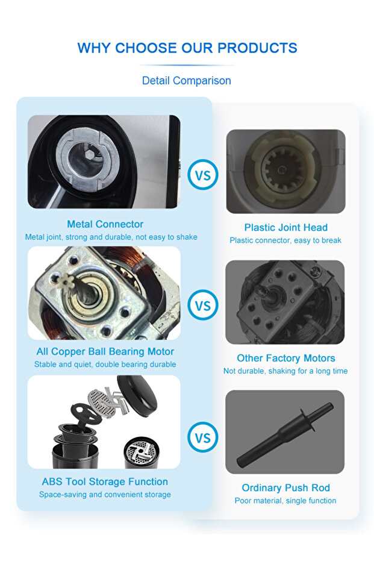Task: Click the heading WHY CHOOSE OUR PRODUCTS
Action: click(x=187, y=48)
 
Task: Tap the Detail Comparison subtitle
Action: click(x=186, y=81)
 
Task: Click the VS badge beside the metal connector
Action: click(x=203, y=175)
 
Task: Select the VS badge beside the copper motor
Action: click(x=203, y=305)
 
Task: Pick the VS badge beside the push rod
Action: click(x=203, y=437)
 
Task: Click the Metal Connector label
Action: click(x=105, y=224)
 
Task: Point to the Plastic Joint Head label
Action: click(x=285, y=227)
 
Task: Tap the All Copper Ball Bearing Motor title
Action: click(x=105, y=351)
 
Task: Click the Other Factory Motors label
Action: click(x=285, y=358)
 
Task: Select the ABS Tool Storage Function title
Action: click(x=105, y=481)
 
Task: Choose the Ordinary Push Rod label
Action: click(x=285, y=487)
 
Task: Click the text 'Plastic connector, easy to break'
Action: click(x=285, y=240)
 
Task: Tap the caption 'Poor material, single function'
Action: click(x=285, y=501)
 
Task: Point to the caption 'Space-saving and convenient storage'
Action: click(x=105, y=495)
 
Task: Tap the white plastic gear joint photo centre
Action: click(x=282, y=169)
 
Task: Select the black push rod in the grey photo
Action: click(x=285, y=433)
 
